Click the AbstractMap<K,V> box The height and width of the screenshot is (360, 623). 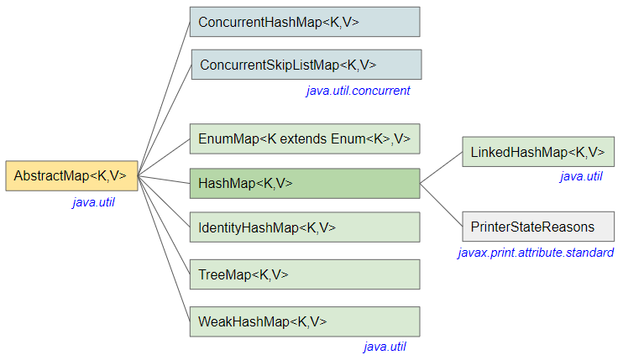pyautogui.click(x=71, y=175)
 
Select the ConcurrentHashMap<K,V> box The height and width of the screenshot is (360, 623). pyautogui.click(x=304, y=22)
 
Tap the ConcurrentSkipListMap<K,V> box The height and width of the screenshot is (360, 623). pyautogui.click(x=306, y=65)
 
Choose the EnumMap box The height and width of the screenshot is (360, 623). pyautogui.click(x=304, y=138)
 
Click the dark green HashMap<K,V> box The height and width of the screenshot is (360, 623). pyautogui.click(x=304, y=183)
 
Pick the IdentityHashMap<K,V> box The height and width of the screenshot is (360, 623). pyautogui.click(x=304, y=227)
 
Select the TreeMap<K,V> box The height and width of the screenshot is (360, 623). pyautogui.click(x=304, y=274)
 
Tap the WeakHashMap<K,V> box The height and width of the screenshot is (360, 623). pyautogui.click(x=304, y=321)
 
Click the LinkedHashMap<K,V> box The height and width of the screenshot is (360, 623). pyautogui.click(x=537, y=152)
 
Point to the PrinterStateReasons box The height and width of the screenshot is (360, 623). pyautogui.click(x=537, y=227)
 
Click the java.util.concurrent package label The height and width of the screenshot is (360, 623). pyautogui.click(x=358, y=91)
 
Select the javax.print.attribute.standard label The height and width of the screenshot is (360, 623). pyautogui.click(x=536, y=252)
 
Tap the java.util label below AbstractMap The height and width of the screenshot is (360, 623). pyautogui.click(x=93, y=201)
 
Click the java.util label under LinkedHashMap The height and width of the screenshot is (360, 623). pyautogui.click(x=581, y=176)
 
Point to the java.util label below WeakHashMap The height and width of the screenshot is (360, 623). pyautogui.click(x=385, y=346)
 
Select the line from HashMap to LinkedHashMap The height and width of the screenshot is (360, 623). pyautogui.click(x=441, y=168)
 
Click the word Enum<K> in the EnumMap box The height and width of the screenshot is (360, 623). pyautogui.click(x=366, y=138)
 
